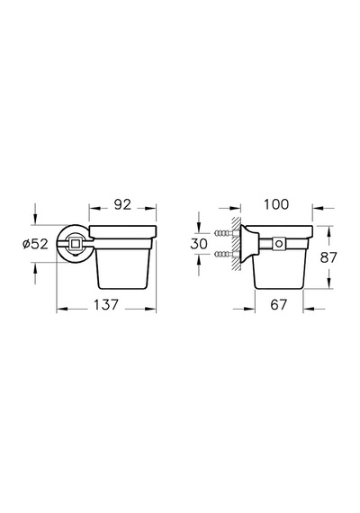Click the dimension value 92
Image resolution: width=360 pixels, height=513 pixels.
point(122,205)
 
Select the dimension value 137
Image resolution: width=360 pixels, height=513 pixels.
point(105,305)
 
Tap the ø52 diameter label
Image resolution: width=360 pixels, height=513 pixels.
point(35,244)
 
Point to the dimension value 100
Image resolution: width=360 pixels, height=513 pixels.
point(276,204)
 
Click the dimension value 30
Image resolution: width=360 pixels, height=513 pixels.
point(199,244)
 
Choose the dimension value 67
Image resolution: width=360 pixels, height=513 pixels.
point(278,305)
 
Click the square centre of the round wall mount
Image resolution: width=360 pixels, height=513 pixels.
point(75,243)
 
